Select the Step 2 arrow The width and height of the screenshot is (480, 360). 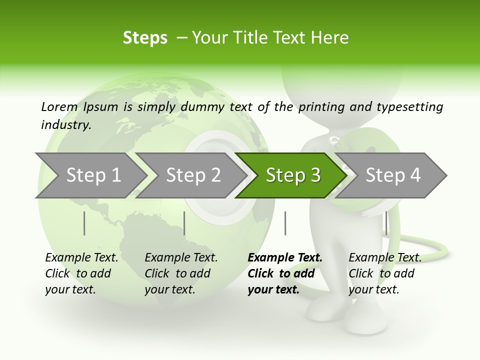tap(193, 175)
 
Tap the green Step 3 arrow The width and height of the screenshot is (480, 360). tap(293, 175)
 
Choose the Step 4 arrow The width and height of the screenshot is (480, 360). tap(392, 175)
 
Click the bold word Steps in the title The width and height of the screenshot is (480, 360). tap(145, 38)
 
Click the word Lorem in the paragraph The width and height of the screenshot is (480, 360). tap(59, 107)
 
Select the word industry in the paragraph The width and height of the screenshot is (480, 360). tap(65, 124)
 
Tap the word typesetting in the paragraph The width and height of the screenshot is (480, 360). tap(409, 107)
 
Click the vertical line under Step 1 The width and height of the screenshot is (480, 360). tap(84, 223)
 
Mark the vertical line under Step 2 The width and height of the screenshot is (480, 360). tap(184, 223)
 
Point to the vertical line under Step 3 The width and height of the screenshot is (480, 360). tap(285, 223)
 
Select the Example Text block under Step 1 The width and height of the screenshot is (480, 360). tap(81, 273)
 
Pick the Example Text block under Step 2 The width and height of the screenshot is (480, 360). tap(181, 273)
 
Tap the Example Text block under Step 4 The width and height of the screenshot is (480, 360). tap(385, 273)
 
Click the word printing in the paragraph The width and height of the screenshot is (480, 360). tap(320, 107)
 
